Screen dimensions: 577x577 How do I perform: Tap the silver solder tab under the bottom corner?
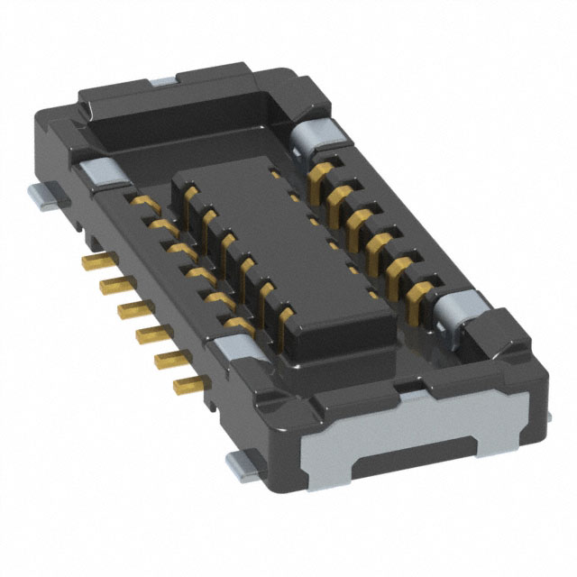pos(242,463)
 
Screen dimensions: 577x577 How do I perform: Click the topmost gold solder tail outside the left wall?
pos(93,262)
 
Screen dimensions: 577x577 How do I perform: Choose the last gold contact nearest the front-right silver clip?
pos(418,298)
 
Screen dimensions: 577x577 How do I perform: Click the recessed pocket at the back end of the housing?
pos(189,117)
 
